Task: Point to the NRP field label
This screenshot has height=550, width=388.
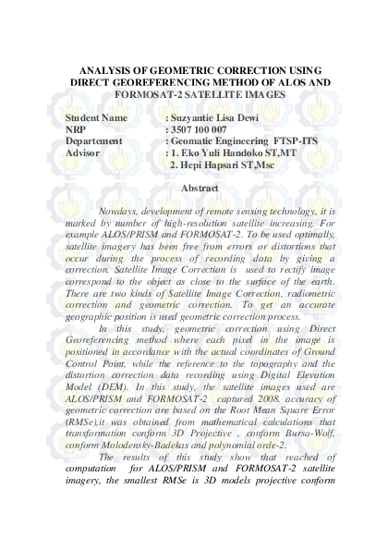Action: coord(78,129)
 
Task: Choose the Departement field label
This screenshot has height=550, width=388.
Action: coord(94,141)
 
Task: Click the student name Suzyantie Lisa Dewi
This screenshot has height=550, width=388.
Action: coord(223,118)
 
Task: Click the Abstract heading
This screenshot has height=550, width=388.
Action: coord(200,189)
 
